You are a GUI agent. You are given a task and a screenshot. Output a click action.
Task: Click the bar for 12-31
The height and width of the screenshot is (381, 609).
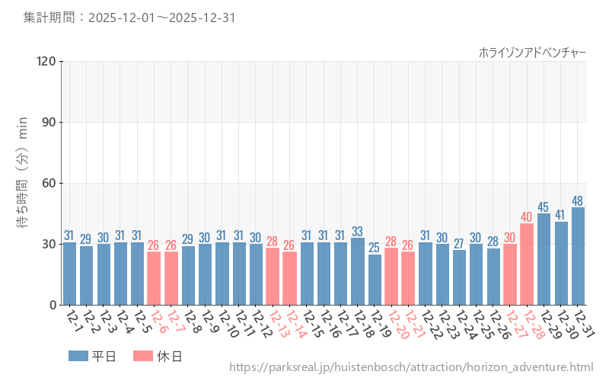point(578,256)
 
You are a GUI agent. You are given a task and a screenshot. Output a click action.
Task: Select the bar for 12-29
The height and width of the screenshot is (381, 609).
point(544,259)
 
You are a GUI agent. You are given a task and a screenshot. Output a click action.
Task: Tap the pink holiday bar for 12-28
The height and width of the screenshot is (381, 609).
point(527,264)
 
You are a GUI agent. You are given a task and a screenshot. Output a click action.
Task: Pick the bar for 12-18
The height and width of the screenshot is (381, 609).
point(358,271)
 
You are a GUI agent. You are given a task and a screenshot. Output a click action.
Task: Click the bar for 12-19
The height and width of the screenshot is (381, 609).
point(375,280)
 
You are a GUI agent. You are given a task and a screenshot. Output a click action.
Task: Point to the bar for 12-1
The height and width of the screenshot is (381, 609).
point(69,274)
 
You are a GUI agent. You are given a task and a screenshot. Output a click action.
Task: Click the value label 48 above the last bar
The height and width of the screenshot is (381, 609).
point(578,201)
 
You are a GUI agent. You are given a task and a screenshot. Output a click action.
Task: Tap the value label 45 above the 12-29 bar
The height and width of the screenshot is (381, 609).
point(544,207)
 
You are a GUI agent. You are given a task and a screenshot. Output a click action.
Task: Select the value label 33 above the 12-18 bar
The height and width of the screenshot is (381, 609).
point(358,232)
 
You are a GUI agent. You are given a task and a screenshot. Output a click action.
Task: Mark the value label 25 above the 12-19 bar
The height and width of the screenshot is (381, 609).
point(375,248)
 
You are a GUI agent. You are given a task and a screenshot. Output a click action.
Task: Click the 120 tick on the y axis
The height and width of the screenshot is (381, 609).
point(46,61)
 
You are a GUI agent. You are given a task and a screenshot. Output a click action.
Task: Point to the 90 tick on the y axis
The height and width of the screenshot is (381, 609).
point(49,122)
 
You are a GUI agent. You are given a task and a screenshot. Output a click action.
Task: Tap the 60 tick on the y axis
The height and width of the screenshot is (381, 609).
point(49,183)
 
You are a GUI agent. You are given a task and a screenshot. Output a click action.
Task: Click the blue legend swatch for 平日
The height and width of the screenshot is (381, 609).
point(78,356)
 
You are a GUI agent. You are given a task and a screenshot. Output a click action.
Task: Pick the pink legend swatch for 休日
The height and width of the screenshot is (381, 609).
point(143,356)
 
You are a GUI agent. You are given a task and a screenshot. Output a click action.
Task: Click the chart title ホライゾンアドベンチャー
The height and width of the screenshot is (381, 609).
point(532,52)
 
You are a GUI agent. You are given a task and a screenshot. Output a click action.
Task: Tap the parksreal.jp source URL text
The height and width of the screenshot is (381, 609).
point(410,368)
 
